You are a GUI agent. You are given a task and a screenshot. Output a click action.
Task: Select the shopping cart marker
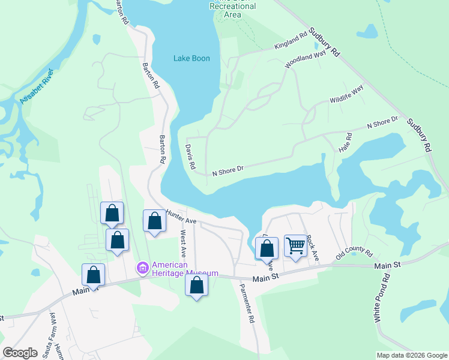(295, 246)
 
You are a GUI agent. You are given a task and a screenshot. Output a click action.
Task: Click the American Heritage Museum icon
(143, 267)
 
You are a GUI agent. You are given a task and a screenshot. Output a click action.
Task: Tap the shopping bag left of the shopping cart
(267, 249)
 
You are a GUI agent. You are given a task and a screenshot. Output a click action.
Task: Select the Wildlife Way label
(346, 95)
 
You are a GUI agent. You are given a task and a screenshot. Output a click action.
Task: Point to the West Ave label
(183, 246)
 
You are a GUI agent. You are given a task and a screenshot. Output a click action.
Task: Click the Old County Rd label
(354, 256)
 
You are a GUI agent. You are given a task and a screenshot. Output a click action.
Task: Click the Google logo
(20, 353)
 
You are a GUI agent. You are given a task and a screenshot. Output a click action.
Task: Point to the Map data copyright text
(411, 355)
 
